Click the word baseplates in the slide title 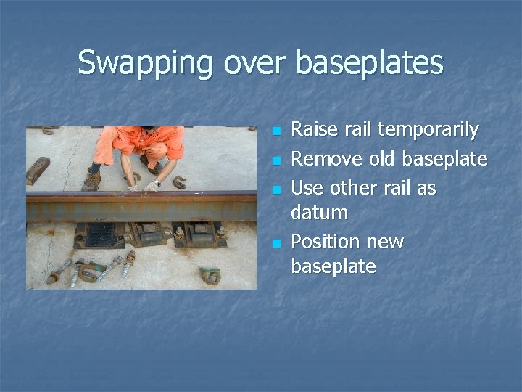pos(369,63)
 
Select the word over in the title pos(254,63)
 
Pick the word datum pos(319,213)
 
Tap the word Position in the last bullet pos(323,241)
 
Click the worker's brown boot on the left pos(91,179)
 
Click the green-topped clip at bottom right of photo pos(210,274)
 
